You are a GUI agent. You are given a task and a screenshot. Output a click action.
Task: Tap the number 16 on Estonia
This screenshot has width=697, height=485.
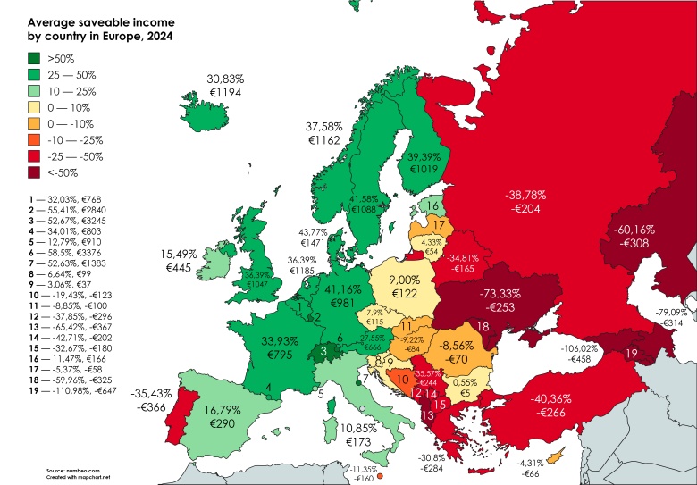pos(432,206)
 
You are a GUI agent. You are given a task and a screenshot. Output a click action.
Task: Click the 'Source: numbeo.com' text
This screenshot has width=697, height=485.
pos(73,467)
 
